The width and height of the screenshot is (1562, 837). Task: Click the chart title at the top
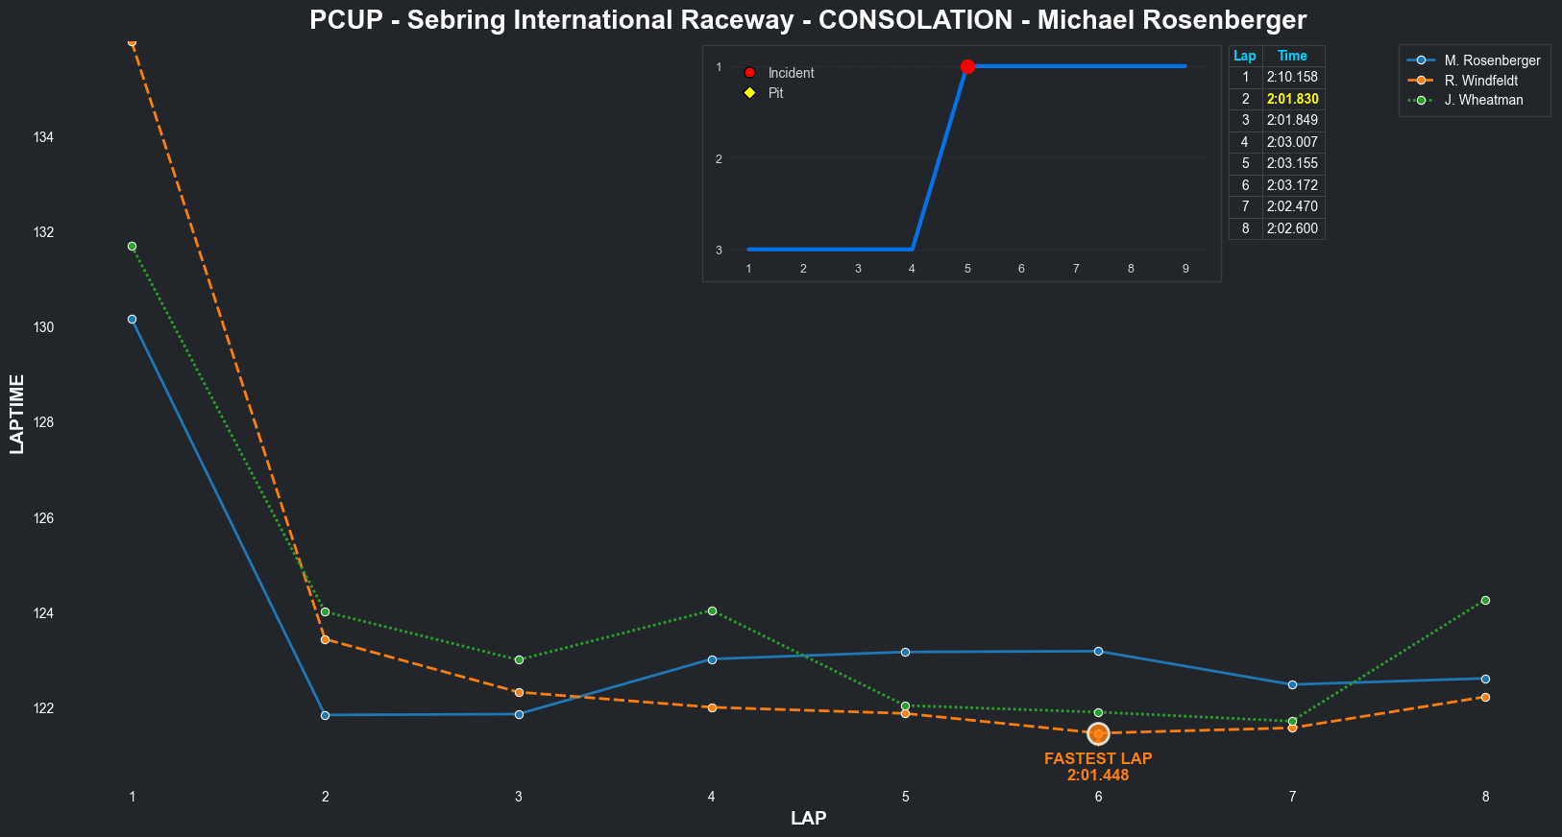[x=808, y=20]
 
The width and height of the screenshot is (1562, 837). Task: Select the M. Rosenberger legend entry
[x=1492, y=60]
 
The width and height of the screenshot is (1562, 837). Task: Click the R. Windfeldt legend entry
[x=1480, y=81]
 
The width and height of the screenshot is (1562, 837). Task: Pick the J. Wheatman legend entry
[x=1483, y=100]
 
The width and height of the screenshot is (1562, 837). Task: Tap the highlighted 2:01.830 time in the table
[x=1292, y=99]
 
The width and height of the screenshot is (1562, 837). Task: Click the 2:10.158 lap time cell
[x=1292, y=77]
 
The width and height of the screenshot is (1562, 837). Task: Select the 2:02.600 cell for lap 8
[x=1292, y=228]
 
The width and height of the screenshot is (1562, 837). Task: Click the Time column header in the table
[x=1292, y=56]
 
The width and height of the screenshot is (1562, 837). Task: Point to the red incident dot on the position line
[x=967, y=66]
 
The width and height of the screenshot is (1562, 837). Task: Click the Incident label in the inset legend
[x=791, y=73]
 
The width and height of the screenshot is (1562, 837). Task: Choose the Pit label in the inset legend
[x=775, y=93]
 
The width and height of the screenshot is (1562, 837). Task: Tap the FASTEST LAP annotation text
[x=1098, y=758]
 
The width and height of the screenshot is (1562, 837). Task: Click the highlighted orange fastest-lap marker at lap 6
[x=1098, y=734]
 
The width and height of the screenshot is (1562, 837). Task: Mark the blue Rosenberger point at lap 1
[x=132, y=319]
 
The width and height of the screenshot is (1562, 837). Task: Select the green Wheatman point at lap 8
[x=1485, y=600]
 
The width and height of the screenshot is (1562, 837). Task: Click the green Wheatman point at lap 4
[x=712, y=610]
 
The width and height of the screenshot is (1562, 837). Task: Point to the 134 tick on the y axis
[x=43, y=137]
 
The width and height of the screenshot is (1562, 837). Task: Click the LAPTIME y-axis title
[x=16, y=414]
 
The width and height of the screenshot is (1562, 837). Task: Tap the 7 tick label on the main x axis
[x=1292, y=797]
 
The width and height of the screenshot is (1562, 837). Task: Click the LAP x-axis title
[x=808, y=819]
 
